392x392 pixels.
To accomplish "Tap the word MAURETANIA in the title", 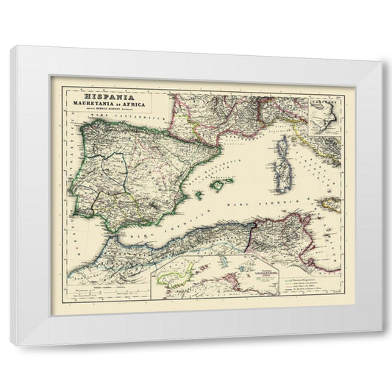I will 95,104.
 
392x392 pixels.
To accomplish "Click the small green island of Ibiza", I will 196,193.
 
